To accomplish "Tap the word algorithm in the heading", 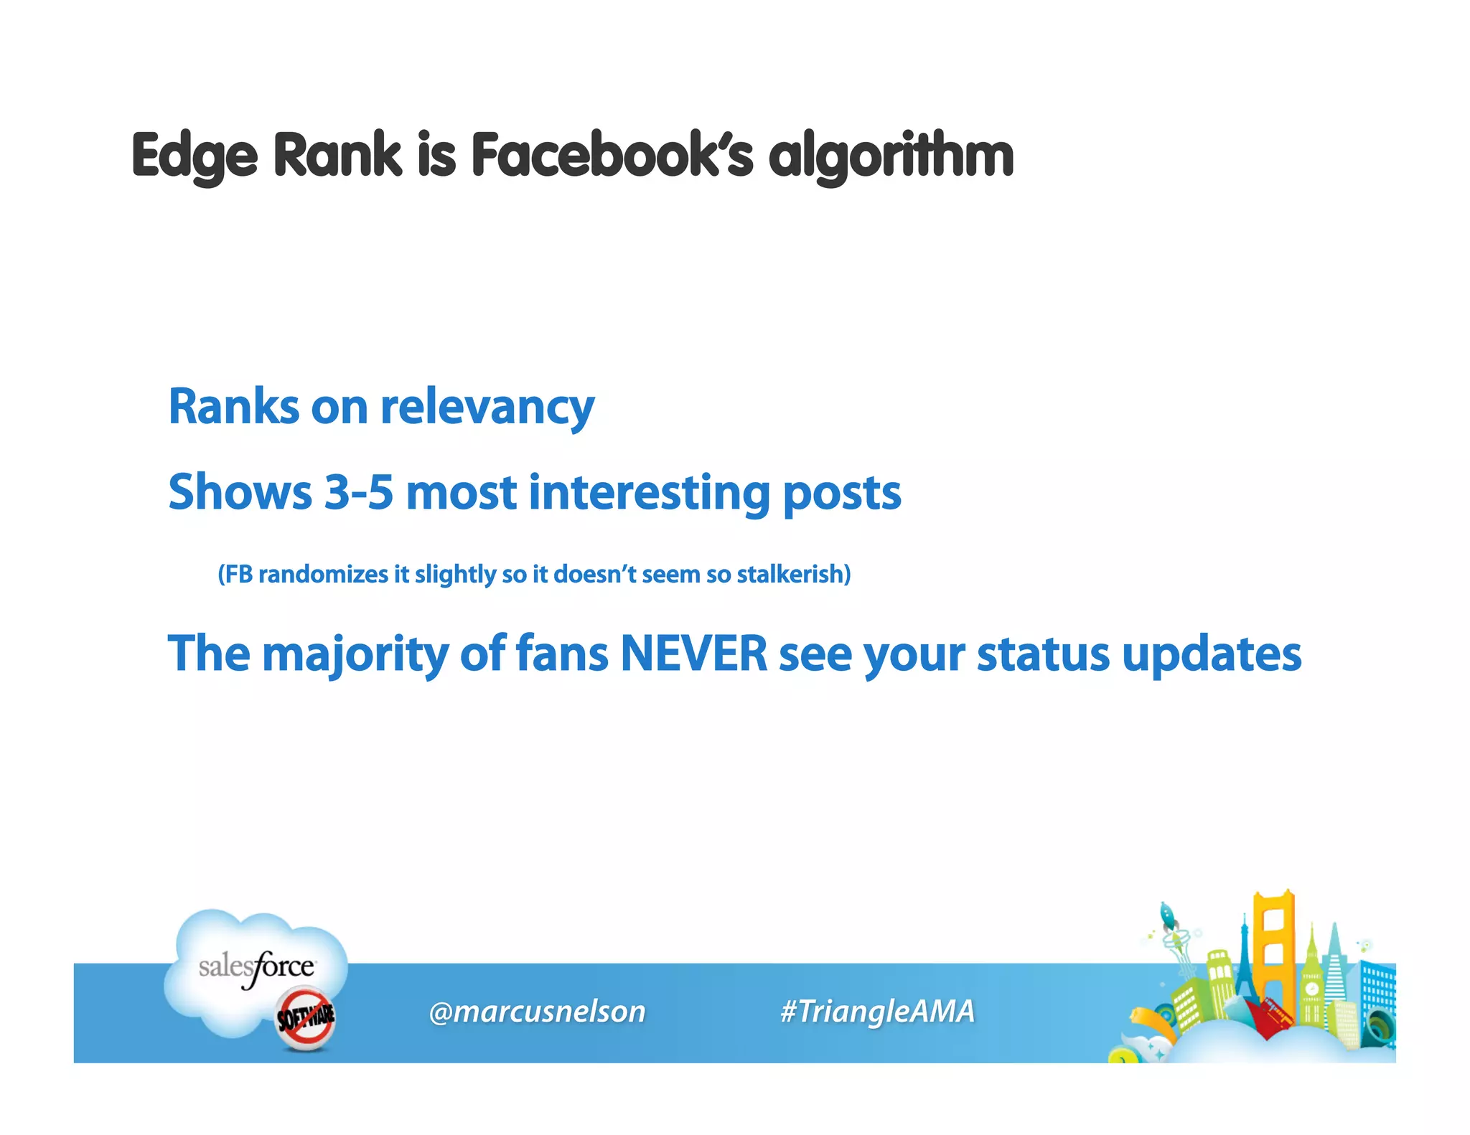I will point(891,156).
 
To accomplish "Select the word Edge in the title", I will point(195,156).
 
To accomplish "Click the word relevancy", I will point(487,408).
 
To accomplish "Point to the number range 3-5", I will point(359,493).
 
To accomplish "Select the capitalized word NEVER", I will point(693,654).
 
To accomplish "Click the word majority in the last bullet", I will point(355,655).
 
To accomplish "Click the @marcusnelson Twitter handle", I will point(537,1011).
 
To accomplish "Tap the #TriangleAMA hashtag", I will point(877,1011).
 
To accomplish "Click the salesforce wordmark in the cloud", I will point(256,967).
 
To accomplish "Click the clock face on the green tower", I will point(1311,989).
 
